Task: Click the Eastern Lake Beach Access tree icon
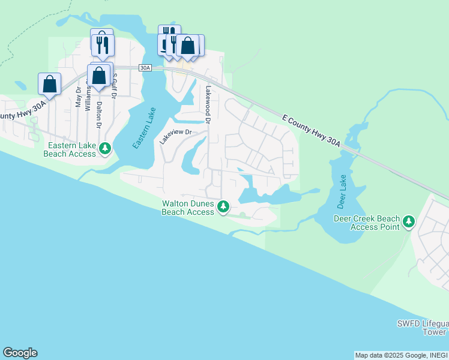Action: pyautogui.click(x=105, y=148)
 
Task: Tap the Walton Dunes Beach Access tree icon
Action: pyautogui.click(x=223, y=207)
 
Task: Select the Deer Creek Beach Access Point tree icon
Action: pyautogui.click(x=409, y=221)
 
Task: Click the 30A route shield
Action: pyautogui.click(x=145, y=68)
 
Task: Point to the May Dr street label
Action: pyautogui.click(x=78, y=97)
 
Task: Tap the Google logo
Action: pyautogui.click(x=20, y=353)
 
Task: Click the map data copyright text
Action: pyautogui.click(x=401, y=355)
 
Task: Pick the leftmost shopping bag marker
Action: pyautogui.click(x=49, y=83)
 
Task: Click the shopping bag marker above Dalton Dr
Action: pyautogui.click(x=98, y=76)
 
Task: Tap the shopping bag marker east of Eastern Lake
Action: pyautogui.click(x=187, y=46)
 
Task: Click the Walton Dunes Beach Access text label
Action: pyautogui.click(x=188, y=208)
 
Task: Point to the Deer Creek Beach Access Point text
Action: pyautogui.click(x=366, y=223)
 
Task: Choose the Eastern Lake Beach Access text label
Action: pyautogui.click(x=70, y=150)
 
